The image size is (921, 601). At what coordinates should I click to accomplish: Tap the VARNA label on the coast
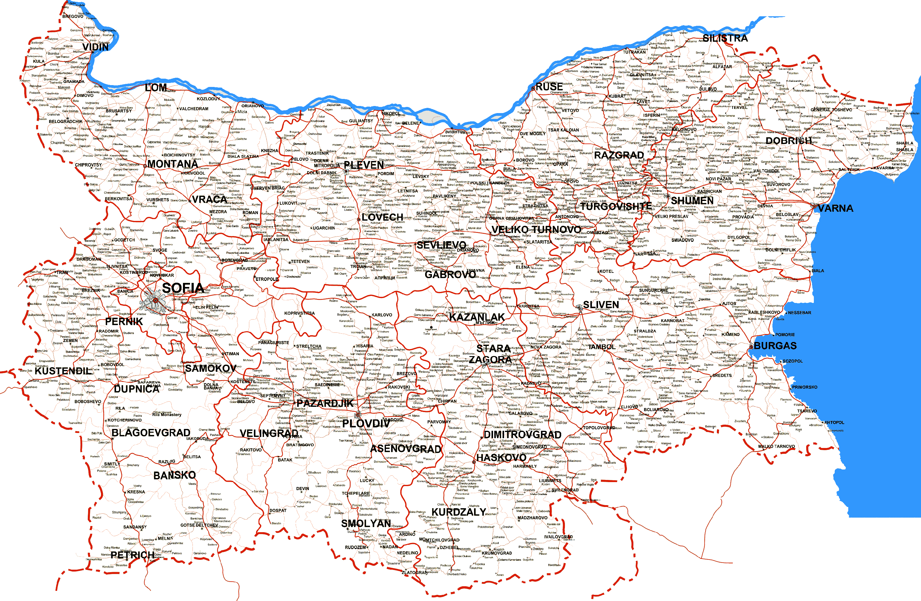[x=835, y=208]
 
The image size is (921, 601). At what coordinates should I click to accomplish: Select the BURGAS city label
[x=775, y=346]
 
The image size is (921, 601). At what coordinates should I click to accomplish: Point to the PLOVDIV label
[x=366, y=423]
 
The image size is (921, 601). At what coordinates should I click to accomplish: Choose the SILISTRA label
[x=725, y=38]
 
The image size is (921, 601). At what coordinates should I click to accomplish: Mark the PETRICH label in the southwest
[x=132, y=555]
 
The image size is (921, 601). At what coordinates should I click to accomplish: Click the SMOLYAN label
[x=366, y=524]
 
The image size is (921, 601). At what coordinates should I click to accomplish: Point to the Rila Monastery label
[x=166, y=415]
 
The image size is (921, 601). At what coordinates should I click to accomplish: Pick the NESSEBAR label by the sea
[x=799, y=312]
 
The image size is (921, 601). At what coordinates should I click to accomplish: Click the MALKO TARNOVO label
[x=776, y=446]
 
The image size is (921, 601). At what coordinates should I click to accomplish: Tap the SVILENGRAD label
[x=565, y=490]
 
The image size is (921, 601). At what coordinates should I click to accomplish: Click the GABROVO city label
[x=450, y=275]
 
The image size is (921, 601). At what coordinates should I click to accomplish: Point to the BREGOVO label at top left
[x=73, y=16]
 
